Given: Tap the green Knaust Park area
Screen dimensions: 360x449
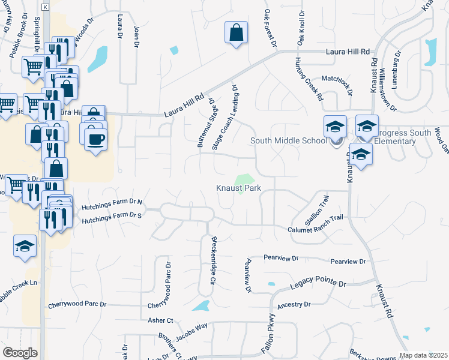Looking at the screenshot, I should pos(244,181).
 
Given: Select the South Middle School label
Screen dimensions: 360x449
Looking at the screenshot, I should pos(289,141).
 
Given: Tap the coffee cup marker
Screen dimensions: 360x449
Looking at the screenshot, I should pos(95,139).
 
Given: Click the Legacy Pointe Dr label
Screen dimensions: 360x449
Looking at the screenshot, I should pos(319,284).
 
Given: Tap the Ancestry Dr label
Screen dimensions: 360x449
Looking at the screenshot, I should pos(294,304).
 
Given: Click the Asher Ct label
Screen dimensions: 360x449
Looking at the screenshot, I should pos(161,321).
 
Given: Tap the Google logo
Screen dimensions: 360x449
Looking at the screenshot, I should pos(20,353).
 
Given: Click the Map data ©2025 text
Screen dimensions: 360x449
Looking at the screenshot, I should pos(423,355).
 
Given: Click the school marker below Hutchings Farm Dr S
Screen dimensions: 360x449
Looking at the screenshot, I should pos(25,247).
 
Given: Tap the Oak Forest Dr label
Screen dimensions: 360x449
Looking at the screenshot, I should pos(270,28).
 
